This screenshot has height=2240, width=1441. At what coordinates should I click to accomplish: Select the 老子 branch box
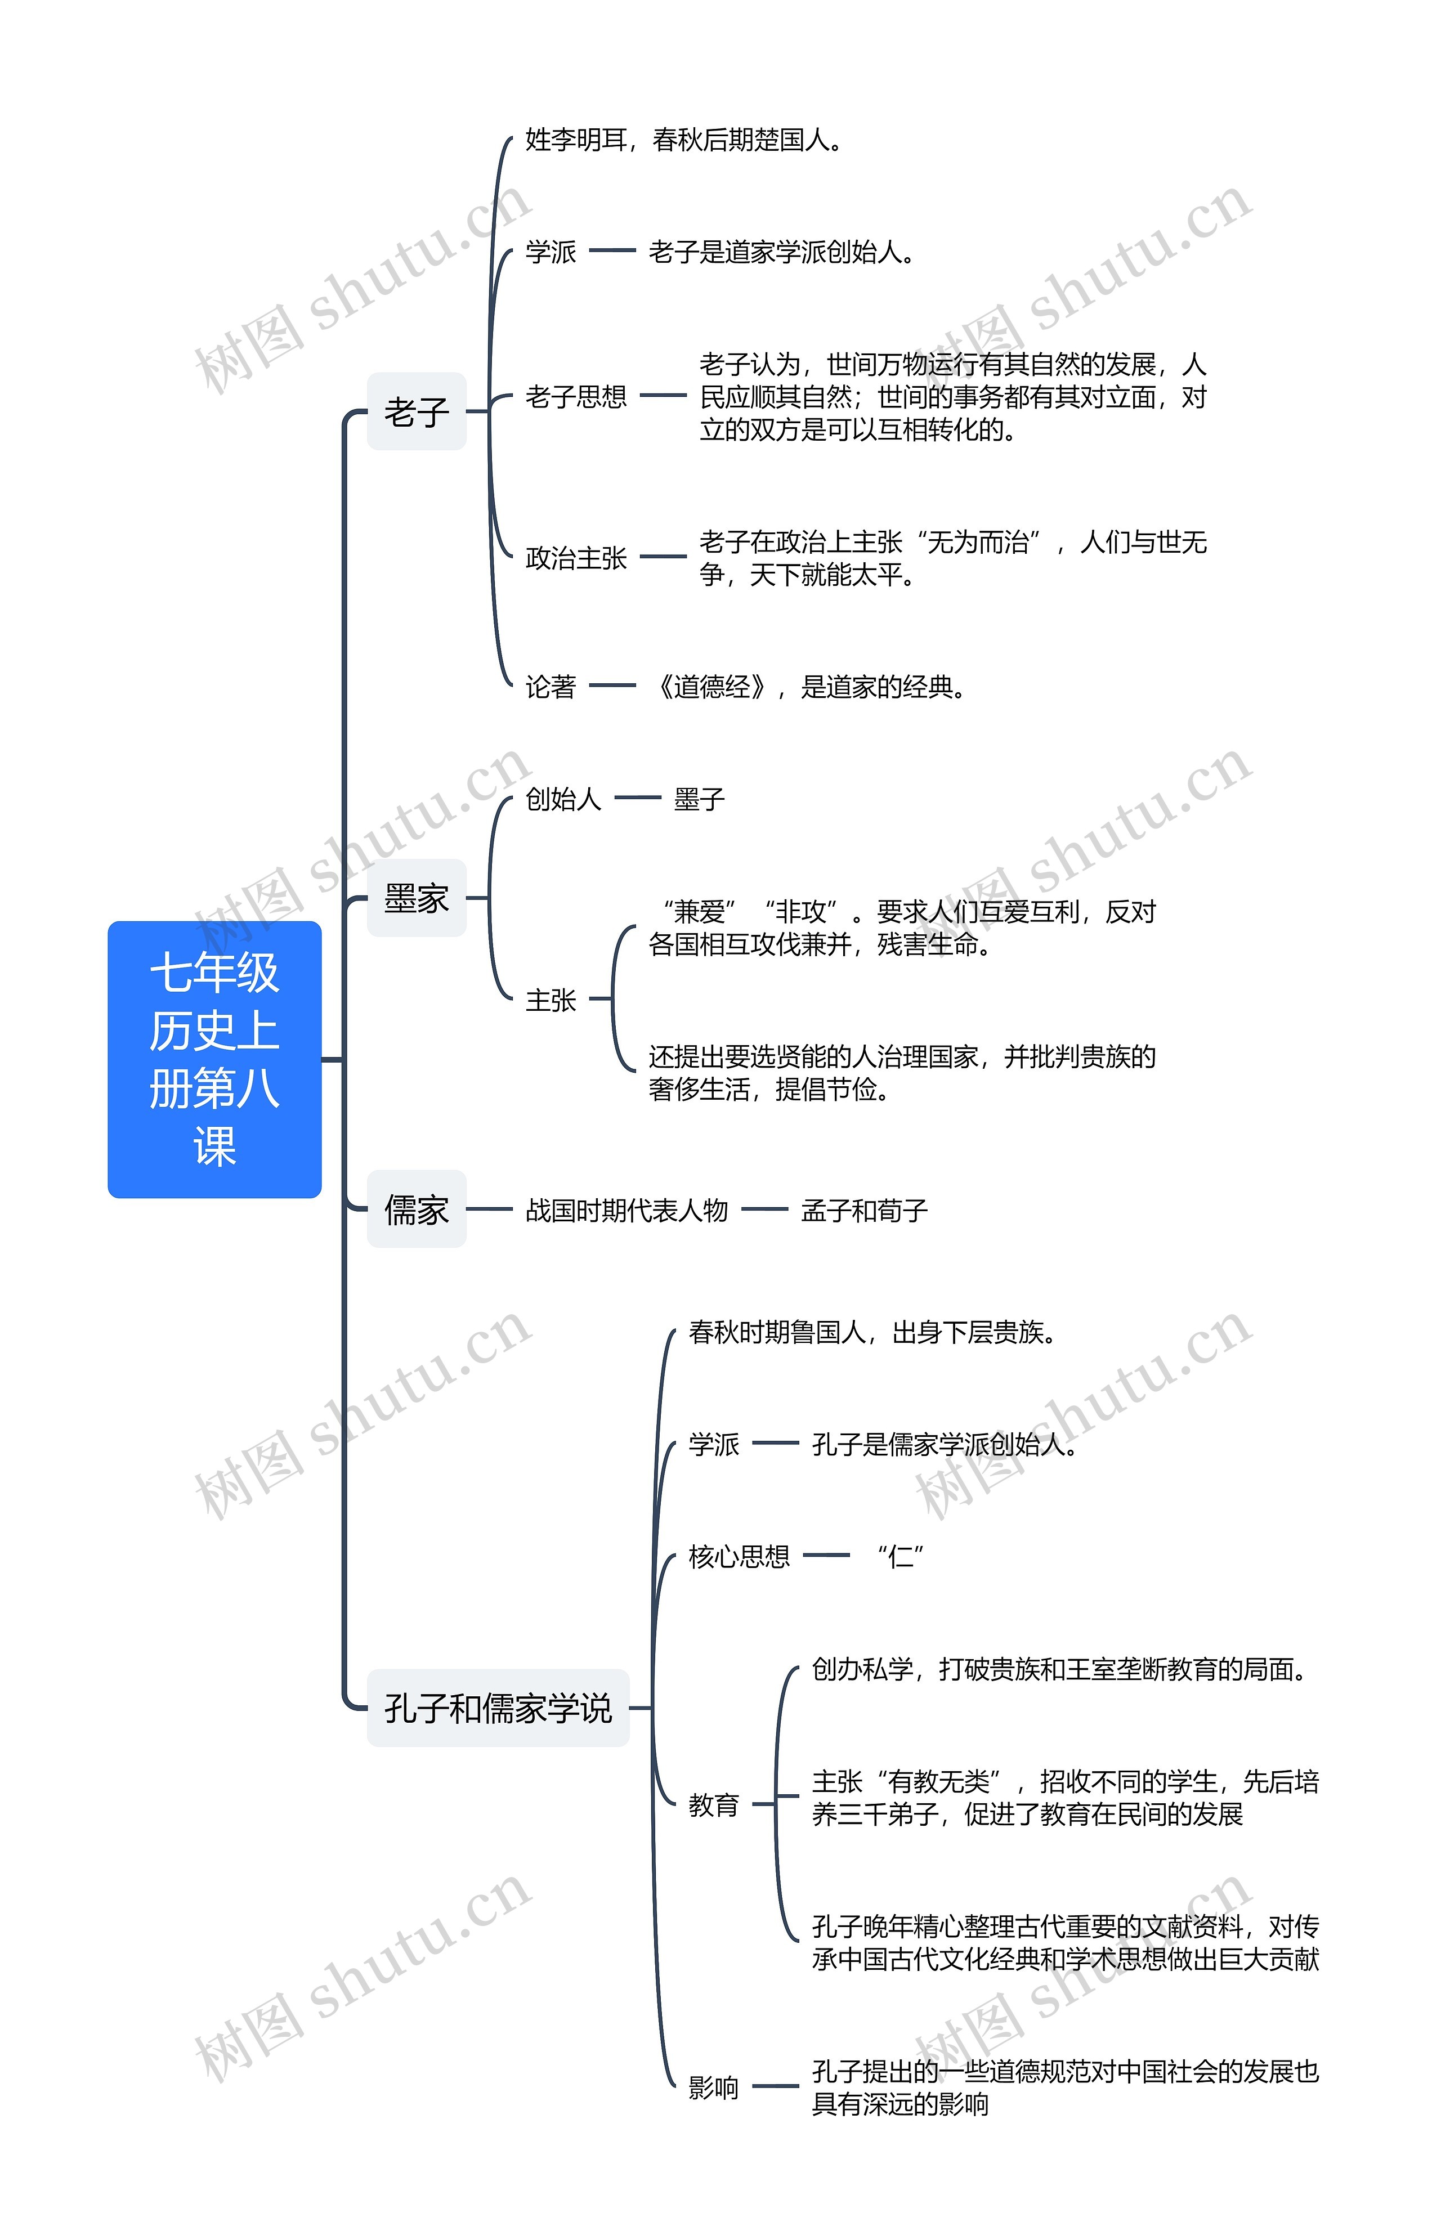417,411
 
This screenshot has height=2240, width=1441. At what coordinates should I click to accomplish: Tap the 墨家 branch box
417,898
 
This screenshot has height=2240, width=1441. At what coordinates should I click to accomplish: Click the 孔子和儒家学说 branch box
498,1708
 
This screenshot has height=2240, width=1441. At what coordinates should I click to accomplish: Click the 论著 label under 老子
550,687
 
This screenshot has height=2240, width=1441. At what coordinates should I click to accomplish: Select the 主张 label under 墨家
550,1000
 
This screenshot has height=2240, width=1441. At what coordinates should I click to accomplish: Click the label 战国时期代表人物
626,1210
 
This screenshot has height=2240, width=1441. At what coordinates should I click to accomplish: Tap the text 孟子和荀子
863,1210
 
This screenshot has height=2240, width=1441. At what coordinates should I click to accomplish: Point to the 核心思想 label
739,1556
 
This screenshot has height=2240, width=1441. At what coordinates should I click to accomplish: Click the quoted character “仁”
900,1556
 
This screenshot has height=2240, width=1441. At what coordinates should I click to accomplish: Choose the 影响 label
713,2087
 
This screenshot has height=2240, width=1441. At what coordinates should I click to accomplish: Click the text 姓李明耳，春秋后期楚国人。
684,140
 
